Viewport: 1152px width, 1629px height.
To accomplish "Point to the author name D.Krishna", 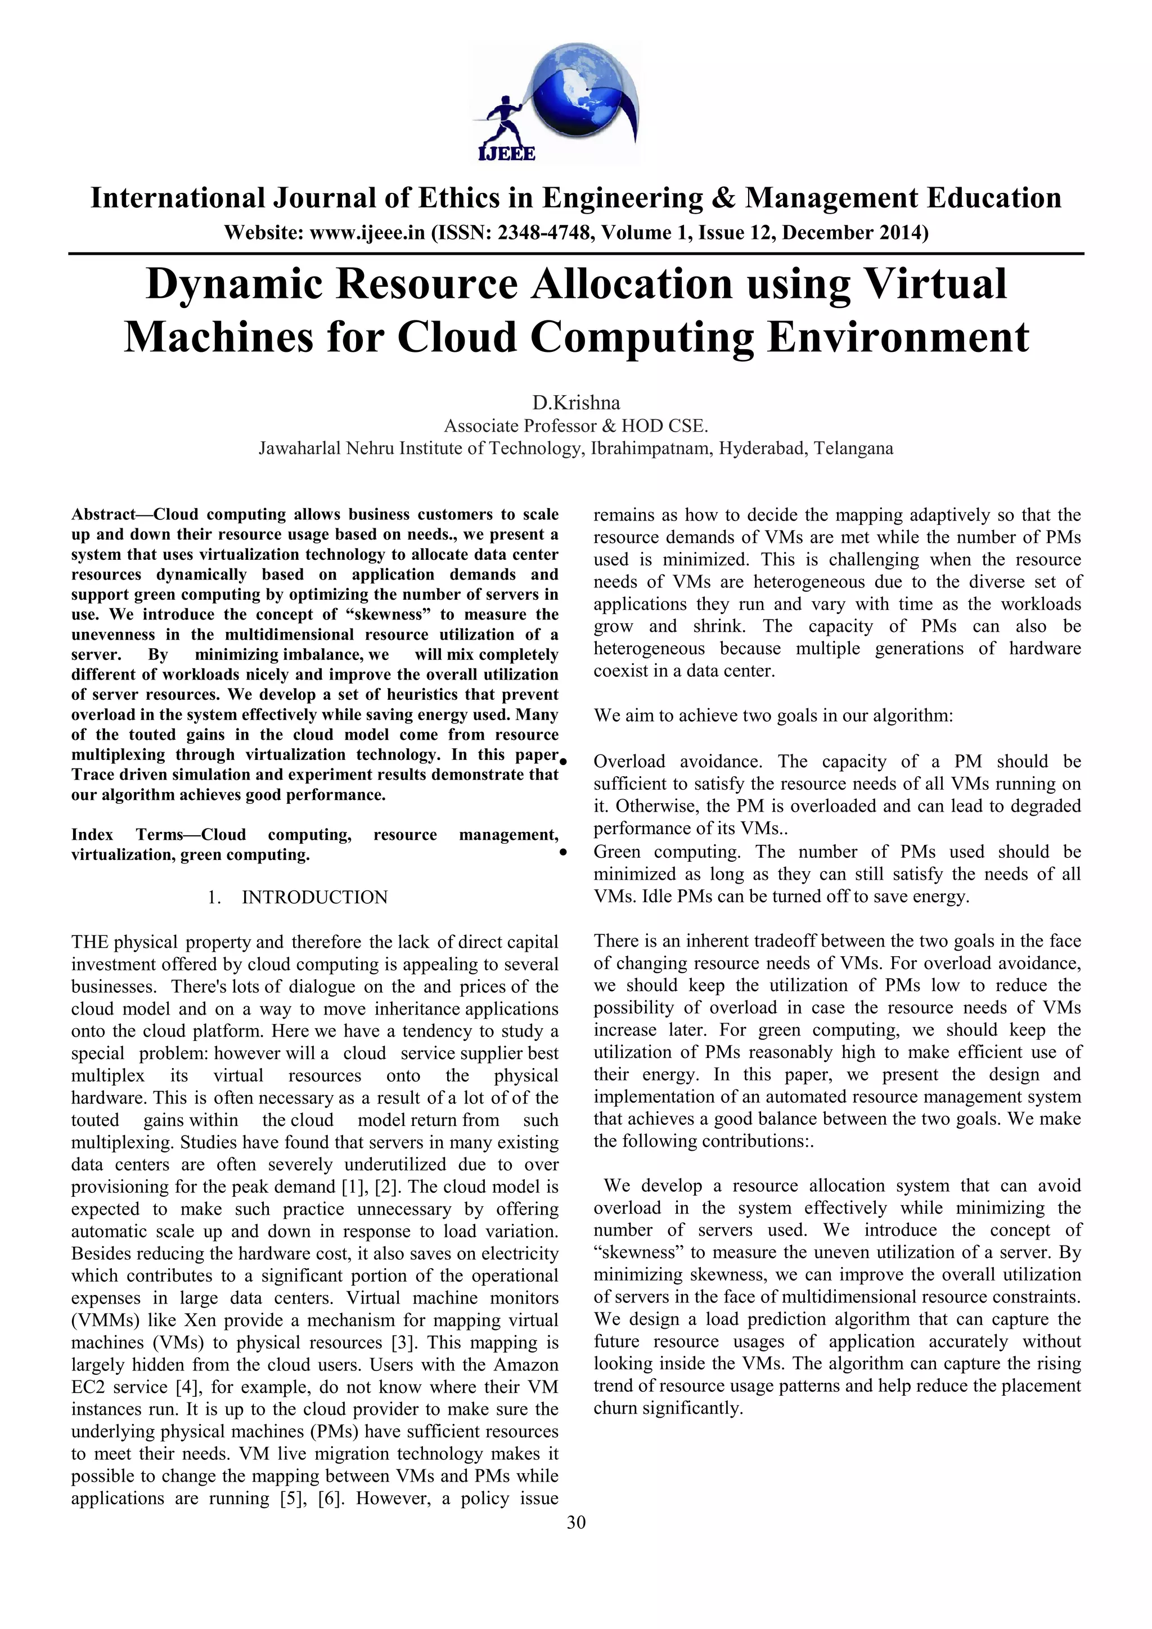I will pyautogui.click(x=575, y=403).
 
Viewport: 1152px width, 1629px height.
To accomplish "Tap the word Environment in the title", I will pyautogui.click(x=897, y=337).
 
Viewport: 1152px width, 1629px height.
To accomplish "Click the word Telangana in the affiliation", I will pyautogui.click(x=853, y=449).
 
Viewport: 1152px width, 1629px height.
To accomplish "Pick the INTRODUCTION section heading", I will pyautogui.click(x=314, y=898).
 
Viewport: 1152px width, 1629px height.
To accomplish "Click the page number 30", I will pyautogui.click(x=575, y=1522).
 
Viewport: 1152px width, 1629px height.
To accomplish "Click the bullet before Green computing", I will pyautogui.click(x=564, y=853).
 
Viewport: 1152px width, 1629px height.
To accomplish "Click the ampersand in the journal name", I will pyautogui.click(x=722, y=198).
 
